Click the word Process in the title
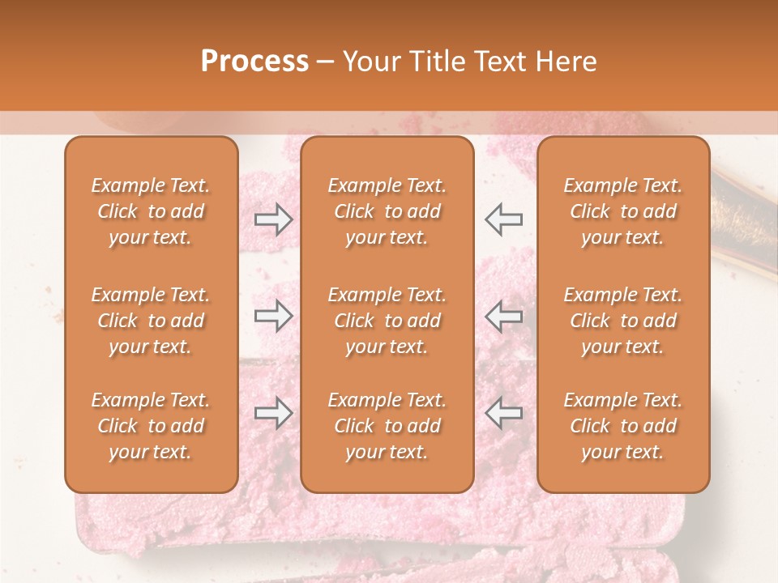[254, 62]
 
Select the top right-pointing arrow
[274, 219]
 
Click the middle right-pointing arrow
[274, 316]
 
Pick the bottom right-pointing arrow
[274, 413]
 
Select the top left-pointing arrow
[504, 219]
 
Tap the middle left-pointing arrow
[504, 316]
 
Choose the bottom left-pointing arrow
[504, 413]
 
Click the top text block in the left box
[151, 211]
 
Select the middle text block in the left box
[151, 321]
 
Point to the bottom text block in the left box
[151, 426]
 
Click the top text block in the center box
[387, 211]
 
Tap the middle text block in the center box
[387, 321]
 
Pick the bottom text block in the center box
[387, 426]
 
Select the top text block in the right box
[623, 211]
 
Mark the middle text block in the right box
[623, 321]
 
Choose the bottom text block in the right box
[623, 426]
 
